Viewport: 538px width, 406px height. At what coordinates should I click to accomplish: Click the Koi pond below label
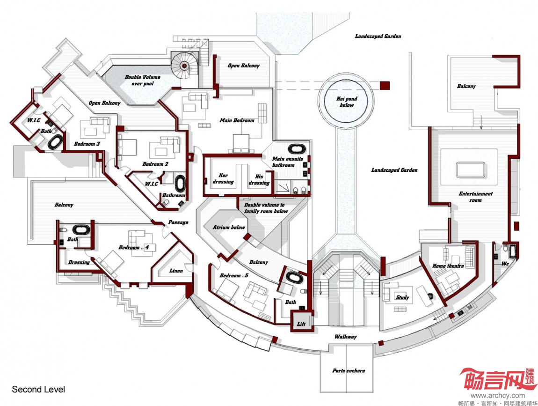coord(347,102)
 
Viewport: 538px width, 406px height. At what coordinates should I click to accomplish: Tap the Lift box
coord(301,324)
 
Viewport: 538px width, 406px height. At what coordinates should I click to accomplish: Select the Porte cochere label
coord(349,371)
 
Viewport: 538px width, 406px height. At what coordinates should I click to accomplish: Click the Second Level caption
coord(38,390)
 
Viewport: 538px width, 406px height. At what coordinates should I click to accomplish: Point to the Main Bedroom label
coord(237,120)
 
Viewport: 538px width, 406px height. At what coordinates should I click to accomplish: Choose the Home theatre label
coord(448,266)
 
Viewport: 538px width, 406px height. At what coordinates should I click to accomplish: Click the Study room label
coord(402,297)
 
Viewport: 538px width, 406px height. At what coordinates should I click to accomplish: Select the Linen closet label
coord(176,271)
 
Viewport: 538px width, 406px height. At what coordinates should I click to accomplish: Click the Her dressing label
coord(223,178)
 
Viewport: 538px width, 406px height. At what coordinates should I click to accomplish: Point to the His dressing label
coord(259,179)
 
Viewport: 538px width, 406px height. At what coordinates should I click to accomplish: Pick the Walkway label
coord(345,337)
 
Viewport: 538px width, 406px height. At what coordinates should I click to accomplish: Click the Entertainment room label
coord(475,197)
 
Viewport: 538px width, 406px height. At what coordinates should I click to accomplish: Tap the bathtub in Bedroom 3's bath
coord(55,142)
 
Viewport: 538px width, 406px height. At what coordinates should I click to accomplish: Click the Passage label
coord(178,222)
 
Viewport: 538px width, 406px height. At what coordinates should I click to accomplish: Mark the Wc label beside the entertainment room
coord(505,264)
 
